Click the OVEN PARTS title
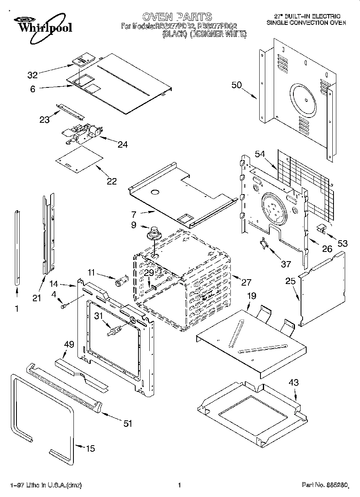pyautogui.click(x=177, y=16)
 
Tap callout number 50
pyautogui.click(x=237, y=85)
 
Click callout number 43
pyautogui.click(x=294, y=383)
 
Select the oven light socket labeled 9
pyautogui.click(x=153, y=233)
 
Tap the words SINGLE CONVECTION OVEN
pyautogui.click(x=306, y=23)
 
